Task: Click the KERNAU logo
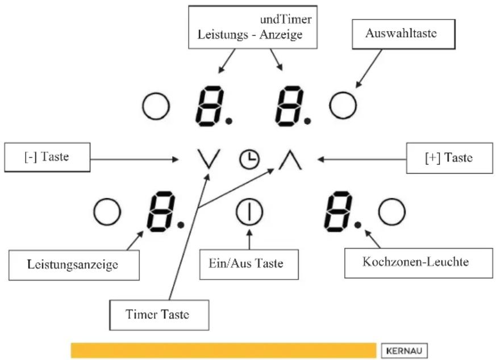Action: point(405,351)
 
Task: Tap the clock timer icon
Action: point(249,159)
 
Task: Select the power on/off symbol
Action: point(249,212)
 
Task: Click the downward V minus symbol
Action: point(208,159)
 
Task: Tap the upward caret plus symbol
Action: point(290,160)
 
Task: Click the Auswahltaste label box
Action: point(403,34)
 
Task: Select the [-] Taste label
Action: point(47,157)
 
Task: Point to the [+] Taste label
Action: point(449,158)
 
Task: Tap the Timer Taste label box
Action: point(159,315)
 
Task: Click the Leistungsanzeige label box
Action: point(74,265)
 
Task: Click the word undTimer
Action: point(286,20)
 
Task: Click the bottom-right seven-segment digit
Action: point(338,211)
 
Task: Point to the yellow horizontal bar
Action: point(224,350)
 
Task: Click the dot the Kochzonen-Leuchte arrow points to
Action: point(358,225)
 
